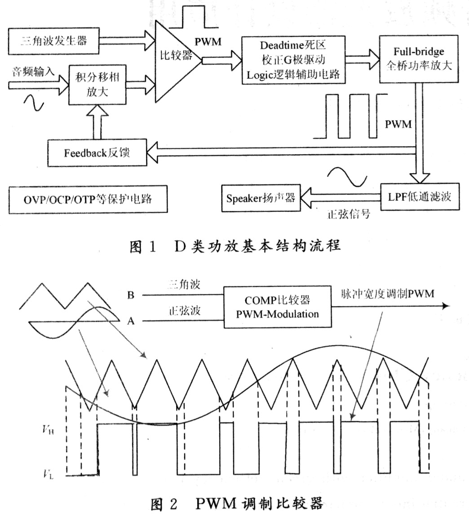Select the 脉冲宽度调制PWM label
point(385,294)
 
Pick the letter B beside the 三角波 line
point(131,295)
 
